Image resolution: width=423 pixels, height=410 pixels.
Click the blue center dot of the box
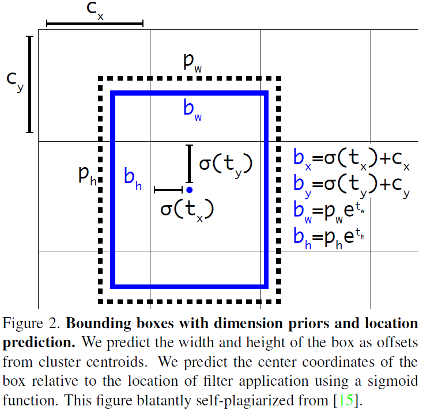click(x=189, y=189)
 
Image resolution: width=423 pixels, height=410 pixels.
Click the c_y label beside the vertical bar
click(x=15, y=81)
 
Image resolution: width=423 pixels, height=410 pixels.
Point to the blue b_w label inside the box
click(x=192, y=109)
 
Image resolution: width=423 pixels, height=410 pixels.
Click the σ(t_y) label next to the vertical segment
click(x=225, y=164)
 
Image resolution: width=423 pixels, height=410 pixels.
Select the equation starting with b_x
click(x=352, y=160)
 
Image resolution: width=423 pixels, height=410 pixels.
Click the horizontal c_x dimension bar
click(x=95, y=24)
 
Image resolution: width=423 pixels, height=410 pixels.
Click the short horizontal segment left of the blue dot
click(x=168, y=189)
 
